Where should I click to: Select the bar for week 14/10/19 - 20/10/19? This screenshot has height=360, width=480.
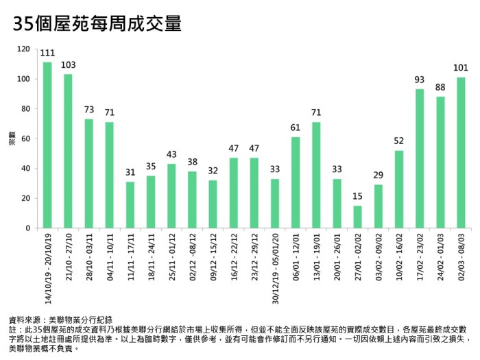pos(47,145)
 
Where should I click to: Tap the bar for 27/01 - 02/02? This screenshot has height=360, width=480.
pos(357,217)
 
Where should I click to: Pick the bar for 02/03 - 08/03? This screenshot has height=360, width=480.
pos(461,152)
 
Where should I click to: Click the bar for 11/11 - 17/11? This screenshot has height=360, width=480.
pos(130,204)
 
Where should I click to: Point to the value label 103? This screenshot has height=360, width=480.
pos(68,65)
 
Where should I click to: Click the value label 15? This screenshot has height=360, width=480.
pos(357,197)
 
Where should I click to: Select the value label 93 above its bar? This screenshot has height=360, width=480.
pos(420,80)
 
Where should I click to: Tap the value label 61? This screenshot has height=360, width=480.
pos(296,128)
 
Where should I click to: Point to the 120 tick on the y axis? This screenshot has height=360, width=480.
pos(24,49)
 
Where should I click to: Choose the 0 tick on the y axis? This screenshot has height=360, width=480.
pos(28,228)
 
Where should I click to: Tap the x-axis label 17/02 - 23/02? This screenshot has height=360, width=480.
pos(420,257)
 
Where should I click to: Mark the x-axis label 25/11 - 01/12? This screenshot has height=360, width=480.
pos(171,257)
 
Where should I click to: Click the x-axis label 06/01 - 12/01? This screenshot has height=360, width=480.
pos(296,257)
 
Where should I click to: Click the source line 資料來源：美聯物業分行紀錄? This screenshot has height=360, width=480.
pos(64,320)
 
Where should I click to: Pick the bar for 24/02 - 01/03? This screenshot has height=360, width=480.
pos(440,162)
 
